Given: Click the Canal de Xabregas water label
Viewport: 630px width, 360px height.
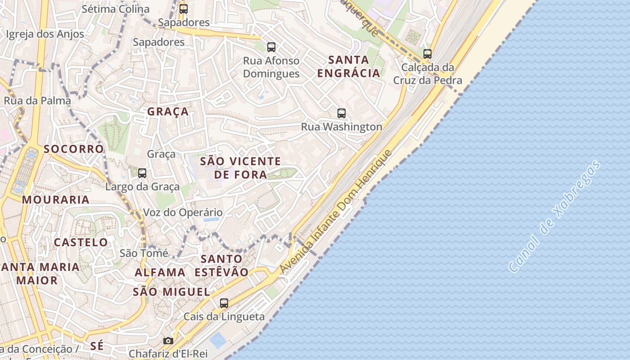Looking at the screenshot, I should point(554,216).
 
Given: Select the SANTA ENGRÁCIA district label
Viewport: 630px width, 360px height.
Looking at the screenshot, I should point(348,66).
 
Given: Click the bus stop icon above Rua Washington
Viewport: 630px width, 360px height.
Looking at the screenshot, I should point(342,113).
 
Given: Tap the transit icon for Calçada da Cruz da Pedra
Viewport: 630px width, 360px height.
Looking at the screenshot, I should point(427,54).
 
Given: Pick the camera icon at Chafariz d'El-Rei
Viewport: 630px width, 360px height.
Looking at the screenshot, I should point(168,341).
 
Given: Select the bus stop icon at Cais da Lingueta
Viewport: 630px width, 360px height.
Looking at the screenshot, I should point(224,303).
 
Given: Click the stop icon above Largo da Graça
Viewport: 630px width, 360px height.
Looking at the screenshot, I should point(142,173).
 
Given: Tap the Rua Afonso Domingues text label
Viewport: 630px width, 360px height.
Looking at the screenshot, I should point(271,67).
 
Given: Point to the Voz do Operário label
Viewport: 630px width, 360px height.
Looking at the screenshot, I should point(183,212).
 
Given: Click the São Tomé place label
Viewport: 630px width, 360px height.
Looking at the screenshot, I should point(144,253).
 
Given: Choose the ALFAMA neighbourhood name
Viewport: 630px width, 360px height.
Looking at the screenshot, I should point(160,272).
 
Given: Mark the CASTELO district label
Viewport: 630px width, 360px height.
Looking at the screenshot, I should point(81,243).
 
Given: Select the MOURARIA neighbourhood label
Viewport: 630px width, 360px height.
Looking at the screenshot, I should point(56,200).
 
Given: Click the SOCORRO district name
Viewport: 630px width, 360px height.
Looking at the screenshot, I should point(74,149).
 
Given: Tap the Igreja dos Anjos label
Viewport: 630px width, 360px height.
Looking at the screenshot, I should point(45,34).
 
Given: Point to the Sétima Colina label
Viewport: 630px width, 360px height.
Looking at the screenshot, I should point(115,9).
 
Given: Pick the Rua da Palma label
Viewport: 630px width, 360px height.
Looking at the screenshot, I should point(37,100).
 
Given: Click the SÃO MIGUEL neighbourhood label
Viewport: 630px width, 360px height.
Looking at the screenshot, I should point(171,292).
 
